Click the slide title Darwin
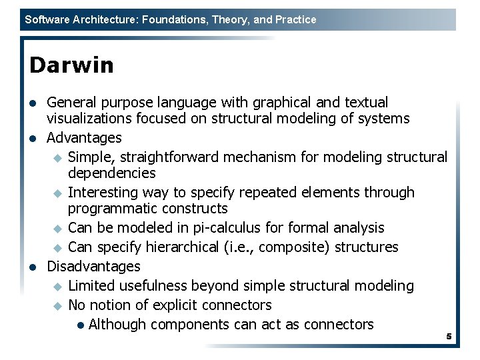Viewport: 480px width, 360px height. point(72,65)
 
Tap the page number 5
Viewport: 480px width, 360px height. point(449,337)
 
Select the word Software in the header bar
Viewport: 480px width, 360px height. point(45,19)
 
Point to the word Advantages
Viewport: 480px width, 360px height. point(84,138)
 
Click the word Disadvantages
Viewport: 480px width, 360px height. point(93,267)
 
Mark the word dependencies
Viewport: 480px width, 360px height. point(112,173)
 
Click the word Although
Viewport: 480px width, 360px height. point(117,325)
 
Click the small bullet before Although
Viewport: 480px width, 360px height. point(80,325)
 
